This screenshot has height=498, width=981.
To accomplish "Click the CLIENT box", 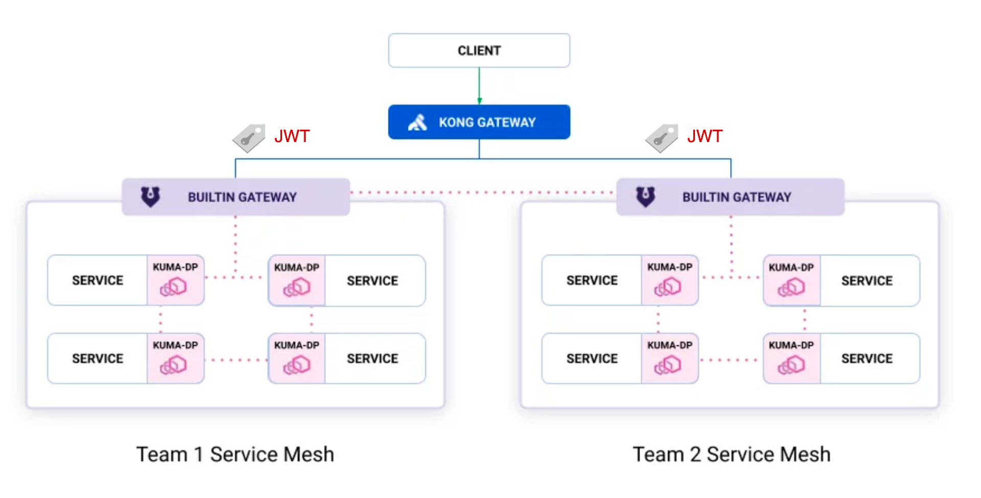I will pyautogui.click(x=479, y=51).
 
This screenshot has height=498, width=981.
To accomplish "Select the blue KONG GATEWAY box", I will pyautogui.click(x=479, y=122).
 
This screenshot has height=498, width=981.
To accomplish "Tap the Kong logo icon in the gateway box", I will pyautogui.click(x=417, y=123).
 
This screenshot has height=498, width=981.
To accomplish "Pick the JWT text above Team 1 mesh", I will pyautogui.click(x=292, y=136).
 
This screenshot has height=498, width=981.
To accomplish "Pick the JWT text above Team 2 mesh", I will pyautogui.click(x=705, y=136).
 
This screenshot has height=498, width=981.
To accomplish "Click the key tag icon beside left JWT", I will pyautogui.click(x=249, y=138).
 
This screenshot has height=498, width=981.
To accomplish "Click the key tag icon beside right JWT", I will pyautogui.click(x=662, y=138).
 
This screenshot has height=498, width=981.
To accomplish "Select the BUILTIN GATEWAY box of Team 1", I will pyautogui.click(x=236, y=197).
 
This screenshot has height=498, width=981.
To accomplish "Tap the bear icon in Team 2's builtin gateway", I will pyautogui.click(x=645, y=197).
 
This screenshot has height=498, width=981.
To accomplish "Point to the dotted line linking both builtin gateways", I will pyautogui.click(x=483, y=193).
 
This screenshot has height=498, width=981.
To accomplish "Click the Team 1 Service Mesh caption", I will pyautogui.click(x=235, y=454).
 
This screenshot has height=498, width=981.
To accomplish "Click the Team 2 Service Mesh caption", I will pyautogui.click(x=731, y=454).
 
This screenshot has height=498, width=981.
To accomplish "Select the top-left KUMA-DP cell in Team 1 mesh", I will pyautogui.click(x=175, y=280).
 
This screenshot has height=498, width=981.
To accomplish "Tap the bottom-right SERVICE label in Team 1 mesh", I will pyautogui.click(x=372, y=359).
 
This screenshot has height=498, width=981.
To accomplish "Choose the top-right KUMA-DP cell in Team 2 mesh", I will pyautogui.click(x=791, y=280).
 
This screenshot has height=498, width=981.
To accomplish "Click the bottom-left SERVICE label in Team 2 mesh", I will pyautogui.click(x=592, y=359).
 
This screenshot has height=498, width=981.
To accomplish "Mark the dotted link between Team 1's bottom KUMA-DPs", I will pyautogui.click(x=236, y=360).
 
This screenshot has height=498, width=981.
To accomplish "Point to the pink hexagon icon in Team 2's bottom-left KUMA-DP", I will pyautogui.click(x=668, y=365).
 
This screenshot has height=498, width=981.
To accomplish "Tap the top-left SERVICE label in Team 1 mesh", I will pyautogui.click(x=98, y=280).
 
